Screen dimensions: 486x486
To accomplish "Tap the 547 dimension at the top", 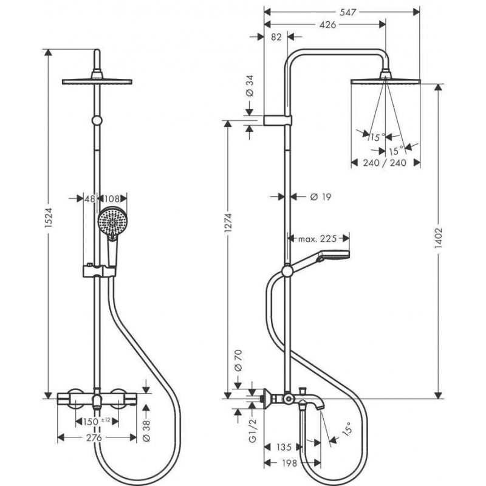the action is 348,12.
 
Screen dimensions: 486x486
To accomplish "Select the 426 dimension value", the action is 327,24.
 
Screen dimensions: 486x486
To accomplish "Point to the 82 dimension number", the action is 276,37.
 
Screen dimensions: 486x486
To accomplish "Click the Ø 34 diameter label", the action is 250,85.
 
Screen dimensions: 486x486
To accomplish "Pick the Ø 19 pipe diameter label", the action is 321,196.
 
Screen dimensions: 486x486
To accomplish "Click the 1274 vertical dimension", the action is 228,222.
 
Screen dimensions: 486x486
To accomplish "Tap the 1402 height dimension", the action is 438,238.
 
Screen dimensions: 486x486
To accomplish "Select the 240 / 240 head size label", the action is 385,162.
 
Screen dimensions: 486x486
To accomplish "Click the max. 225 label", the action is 317,238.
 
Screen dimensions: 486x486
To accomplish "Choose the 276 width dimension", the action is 94,437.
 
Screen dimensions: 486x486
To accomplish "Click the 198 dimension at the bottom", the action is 289,463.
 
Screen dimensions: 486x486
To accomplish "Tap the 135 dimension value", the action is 284,447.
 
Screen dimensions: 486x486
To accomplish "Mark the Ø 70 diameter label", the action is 238,360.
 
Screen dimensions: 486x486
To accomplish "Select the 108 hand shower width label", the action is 112,199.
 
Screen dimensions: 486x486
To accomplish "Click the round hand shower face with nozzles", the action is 112,222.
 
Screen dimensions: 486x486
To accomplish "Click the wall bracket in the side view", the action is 278,120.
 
